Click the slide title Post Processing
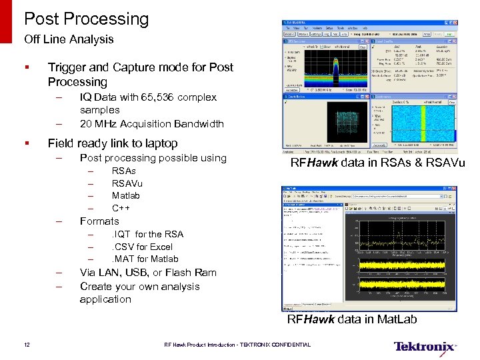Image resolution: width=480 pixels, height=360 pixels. [x=87, y=19]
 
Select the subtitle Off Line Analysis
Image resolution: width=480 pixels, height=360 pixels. [x=69, y=39]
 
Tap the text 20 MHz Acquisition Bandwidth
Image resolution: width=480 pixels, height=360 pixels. [x=151, y=124]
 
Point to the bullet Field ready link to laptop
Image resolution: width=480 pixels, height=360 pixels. [x=113, y=143]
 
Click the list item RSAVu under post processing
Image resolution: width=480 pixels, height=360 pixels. [x=127, y=183]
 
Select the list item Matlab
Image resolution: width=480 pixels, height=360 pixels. [x=125, y=196]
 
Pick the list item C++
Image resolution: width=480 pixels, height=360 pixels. [x=121, y=208]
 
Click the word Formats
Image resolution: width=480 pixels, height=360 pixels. [x=99, y=221]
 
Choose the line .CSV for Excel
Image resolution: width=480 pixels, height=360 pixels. [x=142, y=247]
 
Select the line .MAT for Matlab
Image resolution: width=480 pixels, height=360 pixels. [x=145, y=259]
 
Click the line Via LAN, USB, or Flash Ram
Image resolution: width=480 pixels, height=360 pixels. [x=148, y=273]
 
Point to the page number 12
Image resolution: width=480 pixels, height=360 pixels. [x=27, y=345]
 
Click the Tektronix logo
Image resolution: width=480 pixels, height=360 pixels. [x=425, y=346]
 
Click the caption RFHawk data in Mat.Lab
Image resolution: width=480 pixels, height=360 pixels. [x=351, y=319]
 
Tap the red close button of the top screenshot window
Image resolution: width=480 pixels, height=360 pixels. [x=453, y=22]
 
